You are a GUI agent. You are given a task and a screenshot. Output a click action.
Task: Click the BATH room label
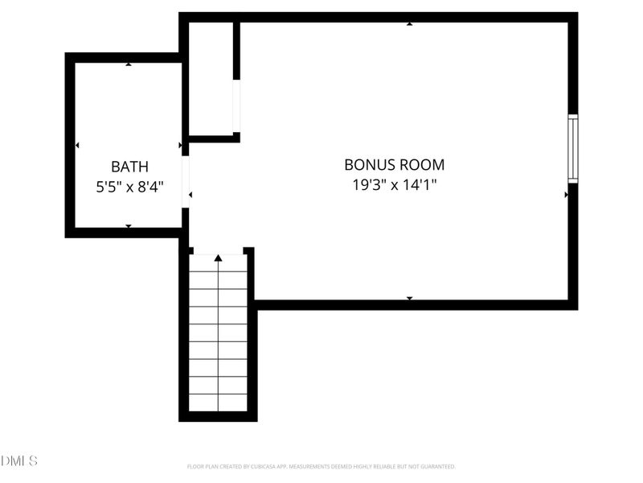tap(129, 167)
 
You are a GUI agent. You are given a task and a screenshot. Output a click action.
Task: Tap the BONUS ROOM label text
tap(394, 165)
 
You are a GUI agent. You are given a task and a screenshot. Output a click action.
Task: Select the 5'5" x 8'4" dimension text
tap(129, 187)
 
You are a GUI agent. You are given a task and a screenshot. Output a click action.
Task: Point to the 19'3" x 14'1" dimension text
tap(394, 184)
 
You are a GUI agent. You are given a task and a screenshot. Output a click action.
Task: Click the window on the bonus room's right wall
tap(573, 148)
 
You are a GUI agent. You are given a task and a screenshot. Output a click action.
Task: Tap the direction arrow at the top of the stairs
tap(218, 258)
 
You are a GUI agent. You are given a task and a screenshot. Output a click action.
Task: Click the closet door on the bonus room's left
tap(236, 106)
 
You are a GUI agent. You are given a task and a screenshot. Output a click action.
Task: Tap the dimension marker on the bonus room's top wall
tap(409, 24)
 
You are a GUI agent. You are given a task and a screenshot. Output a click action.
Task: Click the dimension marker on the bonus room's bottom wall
tap(409, 299)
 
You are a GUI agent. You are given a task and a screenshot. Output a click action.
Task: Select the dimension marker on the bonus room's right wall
tap(567, 194)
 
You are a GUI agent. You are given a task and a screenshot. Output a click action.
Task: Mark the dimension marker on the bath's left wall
tap(77, 146)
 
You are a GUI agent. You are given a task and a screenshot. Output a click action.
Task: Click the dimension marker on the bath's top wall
tap(129, 64)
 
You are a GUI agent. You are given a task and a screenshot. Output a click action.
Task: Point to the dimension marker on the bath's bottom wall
tap(129, 226)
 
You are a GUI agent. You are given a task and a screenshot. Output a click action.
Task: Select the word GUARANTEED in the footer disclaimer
tap(436, 467)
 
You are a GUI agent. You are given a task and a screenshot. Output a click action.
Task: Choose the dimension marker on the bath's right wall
tap(180, 146)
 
